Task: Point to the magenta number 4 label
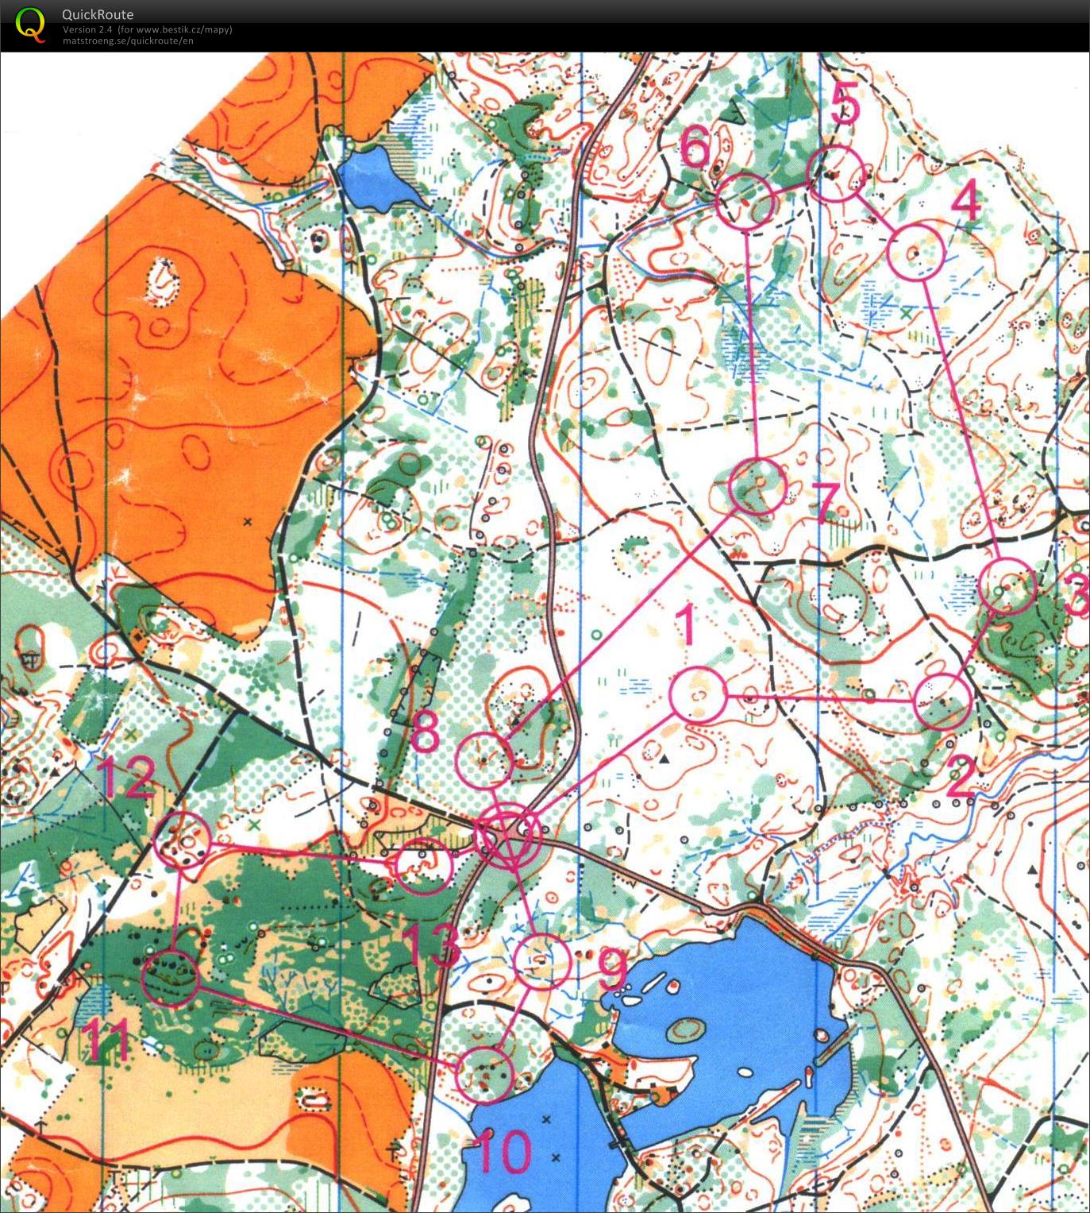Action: point(965,203)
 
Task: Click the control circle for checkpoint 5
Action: point(835,174)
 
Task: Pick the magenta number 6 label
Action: point(696,147)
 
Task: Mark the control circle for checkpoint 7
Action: point(758,485)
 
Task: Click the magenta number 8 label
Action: point(425,732)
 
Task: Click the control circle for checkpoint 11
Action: point(170,978)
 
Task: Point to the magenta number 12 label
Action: point(126,779)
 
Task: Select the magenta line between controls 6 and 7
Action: point(751,342)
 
